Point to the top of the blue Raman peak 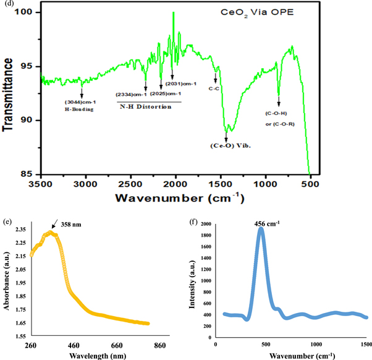pos(261,229)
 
